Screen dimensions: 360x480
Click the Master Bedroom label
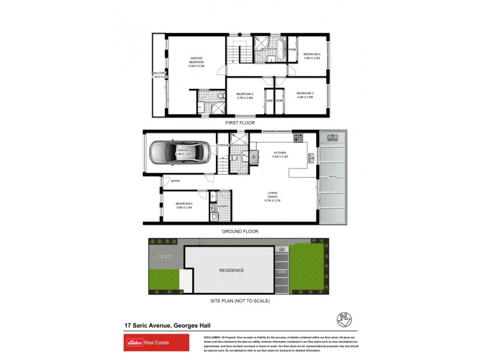click(196, 62)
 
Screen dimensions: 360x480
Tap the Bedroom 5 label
click(184, 205)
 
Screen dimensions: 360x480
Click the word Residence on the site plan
click(231, 270)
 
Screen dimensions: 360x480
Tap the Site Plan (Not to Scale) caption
click(239, 300)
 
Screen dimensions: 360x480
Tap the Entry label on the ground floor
click(176, 181)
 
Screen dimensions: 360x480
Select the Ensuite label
click(211, 103)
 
